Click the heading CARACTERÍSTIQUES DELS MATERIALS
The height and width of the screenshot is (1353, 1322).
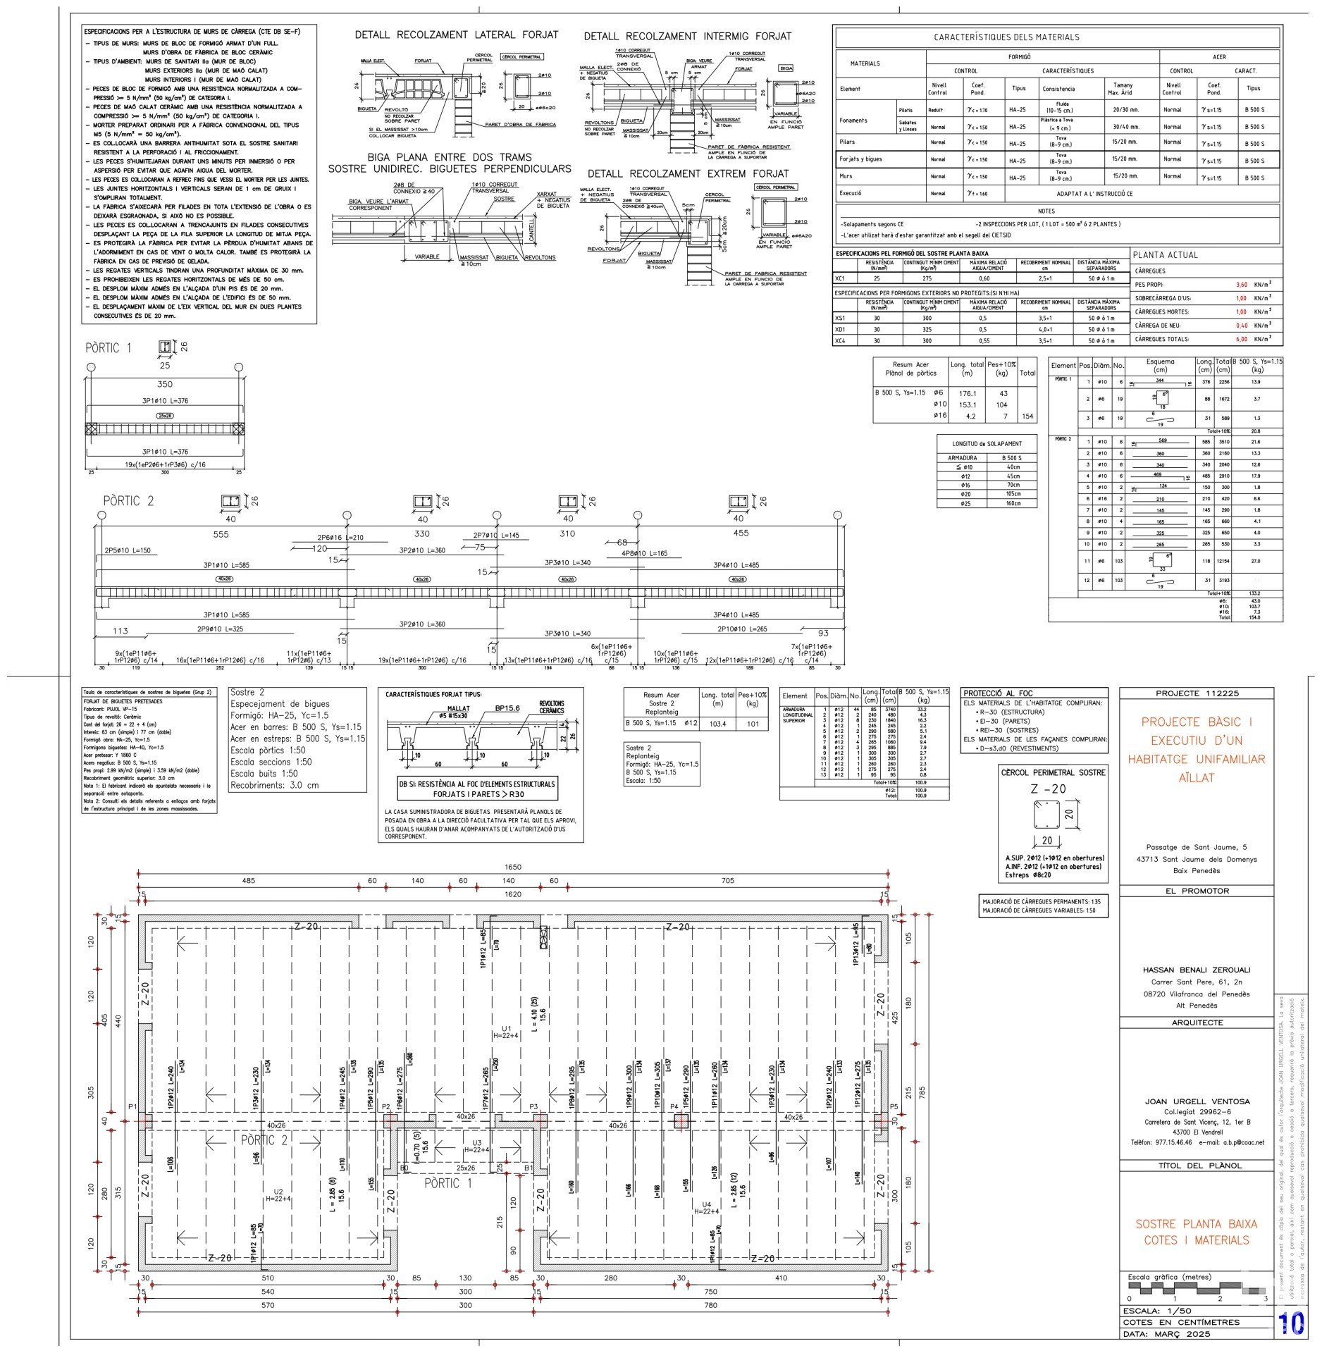pos(1056,37)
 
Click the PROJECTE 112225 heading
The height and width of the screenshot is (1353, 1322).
pos(1197,693)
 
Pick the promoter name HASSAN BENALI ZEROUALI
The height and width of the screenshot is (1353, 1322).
pos(1197,970)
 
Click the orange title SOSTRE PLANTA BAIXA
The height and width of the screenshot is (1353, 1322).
pos(1197,1224)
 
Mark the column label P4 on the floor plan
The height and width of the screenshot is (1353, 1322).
pos(674,1106)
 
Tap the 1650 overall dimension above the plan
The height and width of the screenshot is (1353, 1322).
pos(512,867)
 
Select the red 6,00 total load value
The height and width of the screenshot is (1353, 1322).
pos(1242,339)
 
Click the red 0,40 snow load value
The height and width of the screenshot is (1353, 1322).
pos(1242,326)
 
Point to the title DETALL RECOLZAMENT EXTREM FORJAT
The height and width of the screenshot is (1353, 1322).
pos(688,174)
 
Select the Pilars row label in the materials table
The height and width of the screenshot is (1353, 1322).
pos(847,142)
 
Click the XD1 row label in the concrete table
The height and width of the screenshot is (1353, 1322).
pos(840,329)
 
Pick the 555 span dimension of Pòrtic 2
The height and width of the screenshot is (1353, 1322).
pos(221,534)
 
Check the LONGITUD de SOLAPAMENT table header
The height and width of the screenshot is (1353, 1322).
pos(986,443)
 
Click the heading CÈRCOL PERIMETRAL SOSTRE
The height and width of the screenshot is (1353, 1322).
pos(1054,772)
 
